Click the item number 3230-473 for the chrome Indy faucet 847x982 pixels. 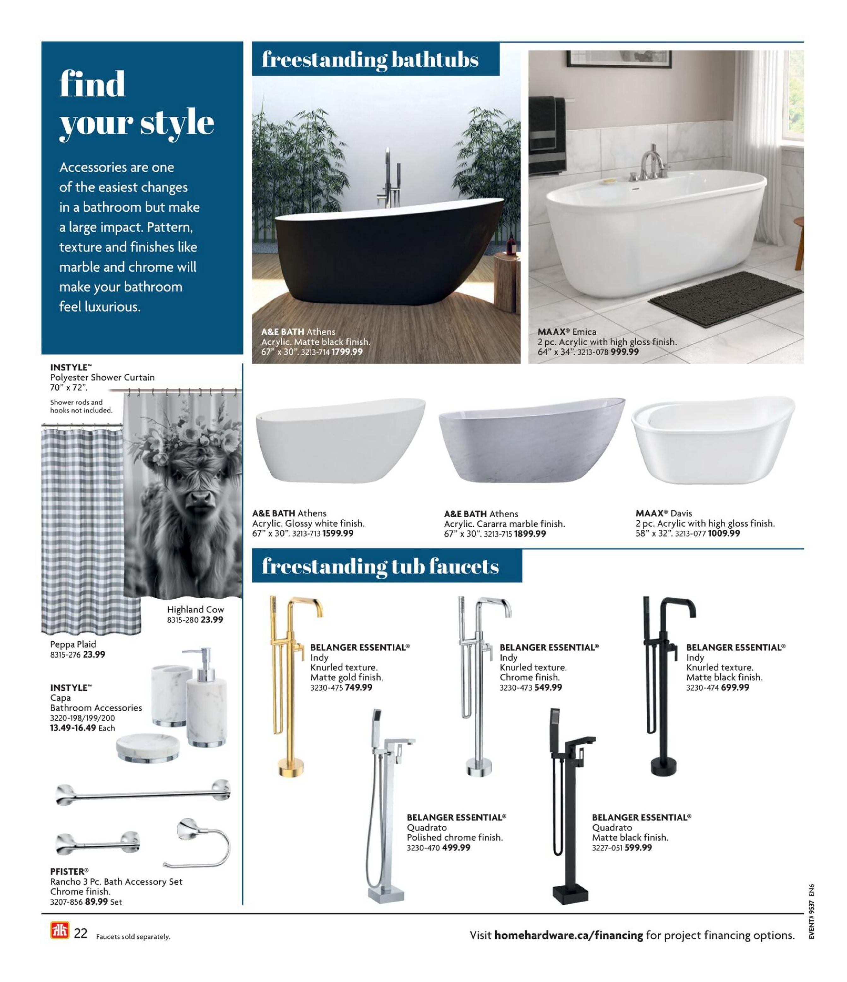(515, 688)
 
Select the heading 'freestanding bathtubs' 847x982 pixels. (370, 60)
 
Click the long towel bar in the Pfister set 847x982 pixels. (142, 792)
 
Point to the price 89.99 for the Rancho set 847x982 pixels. (96, 902)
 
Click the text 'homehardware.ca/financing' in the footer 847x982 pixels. (568, 935)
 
